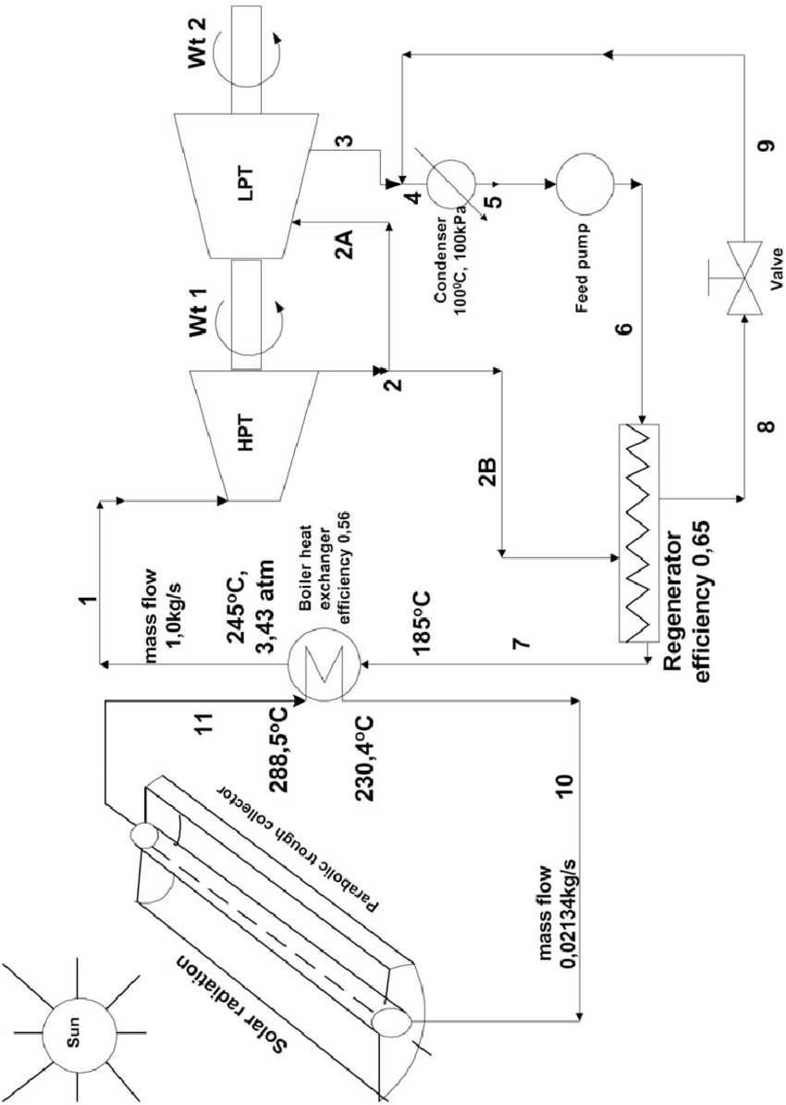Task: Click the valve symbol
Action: click(x=743, y=277)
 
